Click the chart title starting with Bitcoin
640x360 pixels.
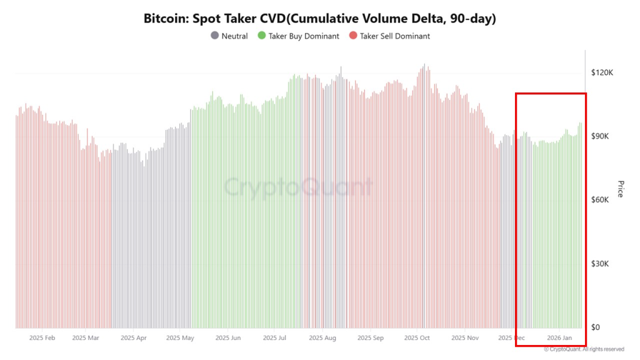pos(319,18)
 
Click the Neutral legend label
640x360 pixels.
pos(234,36)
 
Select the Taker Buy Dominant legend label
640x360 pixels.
pos(304,36)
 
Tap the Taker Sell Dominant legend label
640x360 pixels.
pos(395,36)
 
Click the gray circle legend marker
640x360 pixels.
pos(215,36)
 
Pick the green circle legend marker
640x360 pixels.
pos(262,36)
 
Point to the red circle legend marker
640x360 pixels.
pos(353,36)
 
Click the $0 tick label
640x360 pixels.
pos(596,327)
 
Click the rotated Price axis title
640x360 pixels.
pos(621,189)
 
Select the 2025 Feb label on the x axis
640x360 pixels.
pos(42,338)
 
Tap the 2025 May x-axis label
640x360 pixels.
pos(180,338)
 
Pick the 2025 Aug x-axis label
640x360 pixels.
pos(322,338)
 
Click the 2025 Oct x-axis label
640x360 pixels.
pos(417,338)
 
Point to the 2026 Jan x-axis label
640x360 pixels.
pos(559,338)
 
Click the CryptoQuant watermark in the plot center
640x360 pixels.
pos(298,187)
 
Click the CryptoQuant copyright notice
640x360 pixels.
pos(584,349)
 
